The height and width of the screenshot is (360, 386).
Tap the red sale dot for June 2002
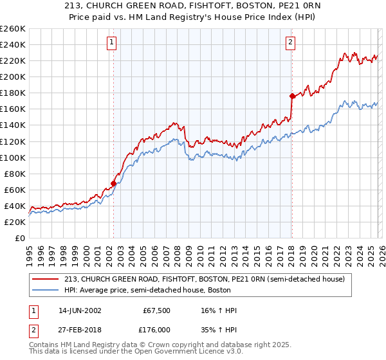pos(114,183)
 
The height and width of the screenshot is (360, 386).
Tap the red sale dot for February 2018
pos(292,96)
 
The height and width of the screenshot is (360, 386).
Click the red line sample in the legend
pos(47,278)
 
